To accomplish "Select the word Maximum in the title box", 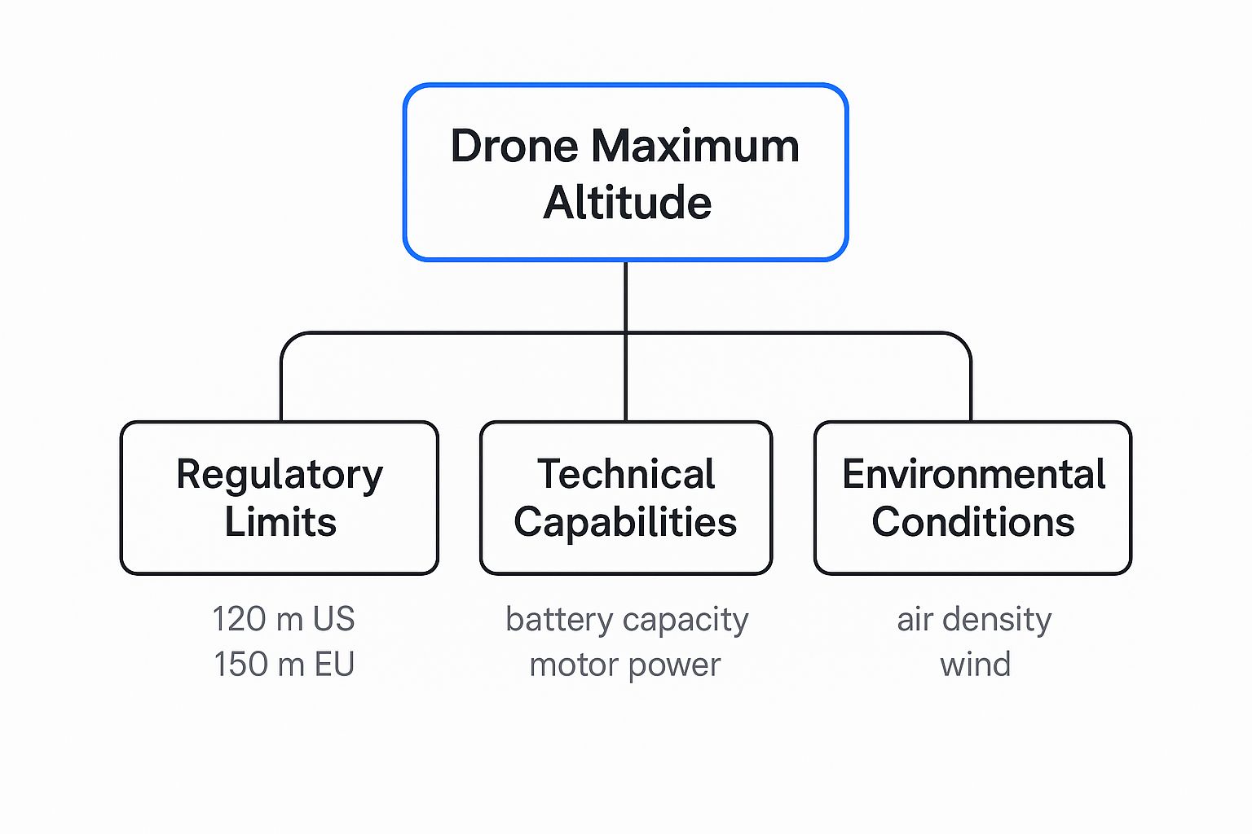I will click(x=695, y=147).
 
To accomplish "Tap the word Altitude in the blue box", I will click(x=627, y=203).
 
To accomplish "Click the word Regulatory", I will click(x=280, y=476).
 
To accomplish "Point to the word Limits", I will click(x=280, y=522).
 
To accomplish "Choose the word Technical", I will click(x=626, y=474).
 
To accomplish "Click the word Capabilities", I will click(x=625, y=522).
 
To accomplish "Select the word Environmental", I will click(x=973, y=474).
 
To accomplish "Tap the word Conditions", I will click(x=973, y=522).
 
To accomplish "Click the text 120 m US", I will click(x=284, y=619).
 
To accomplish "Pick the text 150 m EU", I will click(x=284, y=665).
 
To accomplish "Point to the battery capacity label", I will click(x=627, y=621).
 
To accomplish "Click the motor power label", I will click(x=625, y=665).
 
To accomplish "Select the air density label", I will click(x=974, y=621).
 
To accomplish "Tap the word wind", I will click(x=975, y=665).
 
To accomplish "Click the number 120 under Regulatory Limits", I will click(x=240, y=619).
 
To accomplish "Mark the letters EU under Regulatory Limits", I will click(x=334, y=665).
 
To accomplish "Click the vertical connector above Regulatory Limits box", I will click(x=281, y=387).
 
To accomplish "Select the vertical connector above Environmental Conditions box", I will click(x=971, y=387).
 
